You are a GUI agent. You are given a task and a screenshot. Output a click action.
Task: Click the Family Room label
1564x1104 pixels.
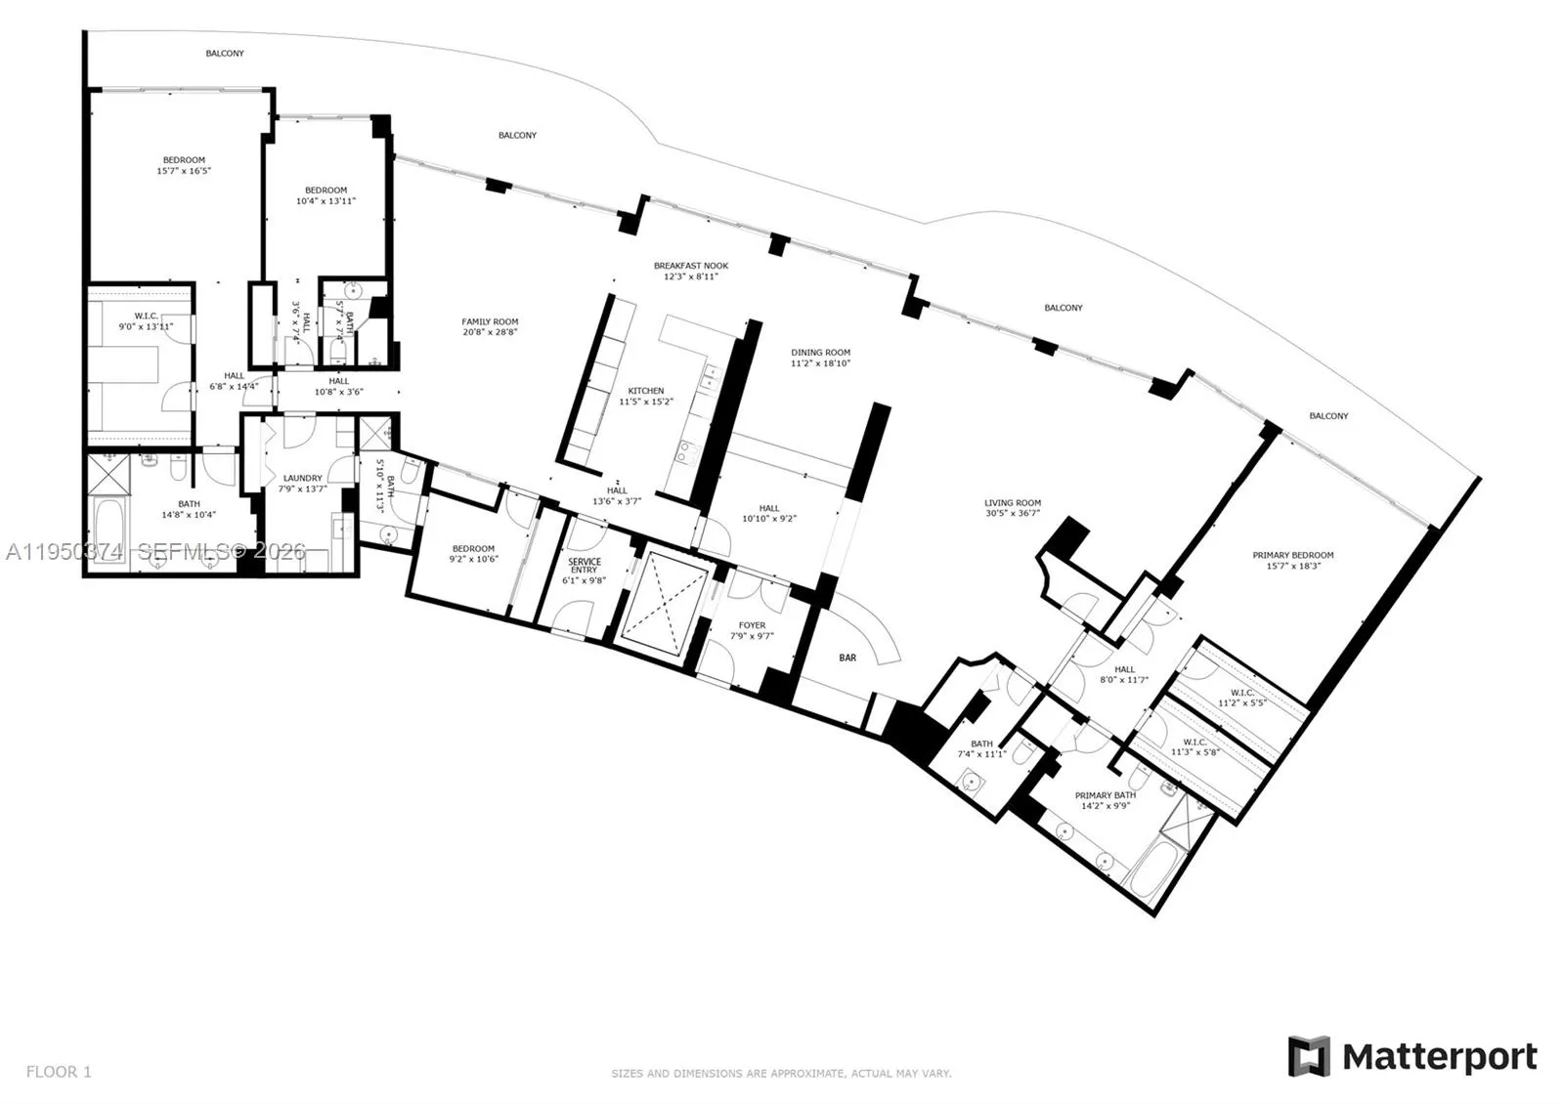490,321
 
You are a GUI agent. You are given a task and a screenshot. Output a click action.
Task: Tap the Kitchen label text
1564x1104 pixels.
645,391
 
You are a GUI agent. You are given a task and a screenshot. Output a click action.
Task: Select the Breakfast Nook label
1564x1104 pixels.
690,266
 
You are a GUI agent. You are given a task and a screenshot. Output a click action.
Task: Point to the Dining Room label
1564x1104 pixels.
820,353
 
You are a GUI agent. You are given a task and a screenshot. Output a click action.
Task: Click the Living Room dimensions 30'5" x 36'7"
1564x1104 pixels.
1012,513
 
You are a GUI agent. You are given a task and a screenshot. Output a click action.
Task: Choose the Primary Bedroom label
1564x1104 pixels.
1292,555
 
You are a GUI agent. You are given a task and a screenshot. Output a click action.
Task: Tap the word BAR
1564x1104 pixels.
847,658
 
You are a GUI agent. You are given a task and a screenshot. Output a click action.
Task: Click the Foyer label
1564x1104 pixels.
752,625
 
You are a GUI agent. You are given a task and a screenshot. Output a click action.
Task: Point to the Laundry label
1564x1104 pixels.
302,479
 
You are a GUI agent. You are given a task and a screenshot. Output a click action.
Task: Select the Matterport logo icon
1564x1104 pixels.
1308,1056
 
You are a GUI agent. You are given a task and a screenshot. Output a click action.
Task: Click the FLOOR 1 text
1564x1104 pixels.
59,1072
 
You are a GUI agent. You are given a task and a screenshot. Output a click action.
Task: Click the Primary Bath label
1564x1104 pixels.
1105,796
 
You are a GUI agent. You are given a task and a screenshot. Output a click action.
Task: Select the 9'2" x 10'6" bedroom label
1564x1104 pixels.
472,549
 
